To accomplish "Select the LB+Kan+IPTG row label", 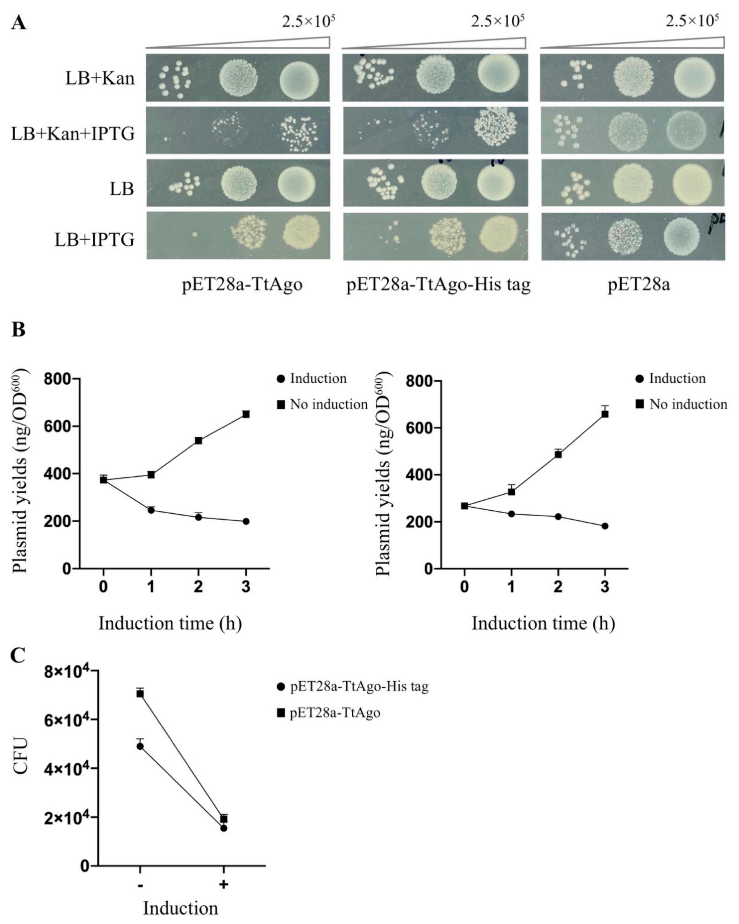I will coord(73,134).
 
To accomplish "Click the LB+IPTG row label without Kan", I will coord(94,240).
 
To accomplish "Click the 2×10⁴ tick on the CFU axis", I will coord(64,819).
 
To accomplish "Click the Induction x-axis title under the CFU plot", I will coord(180,908).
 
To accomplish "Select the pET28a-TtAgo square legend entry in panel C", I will coord(330,713).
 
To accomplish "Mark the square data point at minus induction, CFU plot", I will coord(140,693).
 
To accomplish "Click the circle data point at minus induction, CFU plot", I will coord(140,746).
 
